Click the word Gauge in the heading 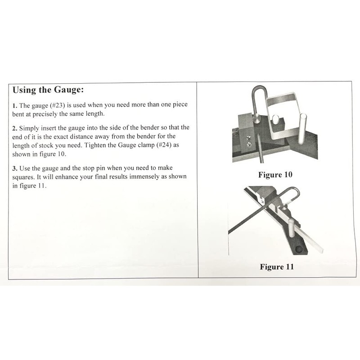click(65, 90)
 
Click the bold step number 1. click(14, 105)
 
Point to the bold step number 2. click(14, 128)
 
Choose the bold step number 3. click(14, 168)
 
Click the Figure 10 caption click(275, 175)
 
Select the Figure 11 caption click(276, 267)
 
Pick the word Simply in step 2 click(30, 128)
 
